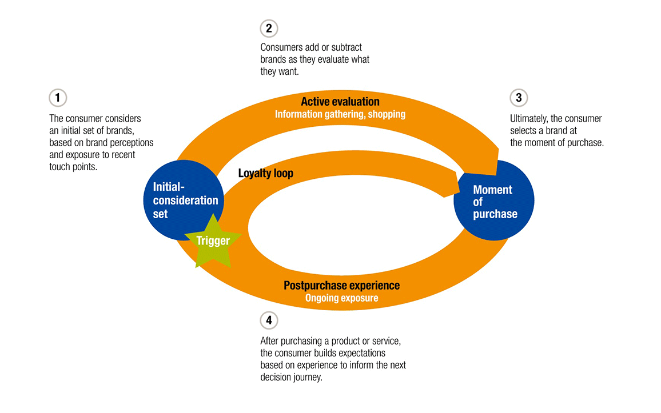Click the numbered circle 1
click(58, 98)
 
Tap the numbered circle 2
click(268, 28)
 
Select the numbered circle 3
click(519, 98)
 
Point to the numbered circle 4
click(268, 320)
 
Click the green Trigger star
click(213, 242)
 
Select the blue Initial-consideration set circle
click(177, 194)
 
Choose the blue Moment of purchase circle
click(493, 202)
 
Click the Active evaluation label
click(340, 102)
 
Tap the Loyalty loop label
click(265, 173)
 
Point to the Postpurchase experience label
click(341, 285)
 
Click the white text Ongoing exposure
click(341, 298)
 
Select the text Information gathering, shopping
click(340, 114)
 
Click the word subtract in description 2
click(343, 47)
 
